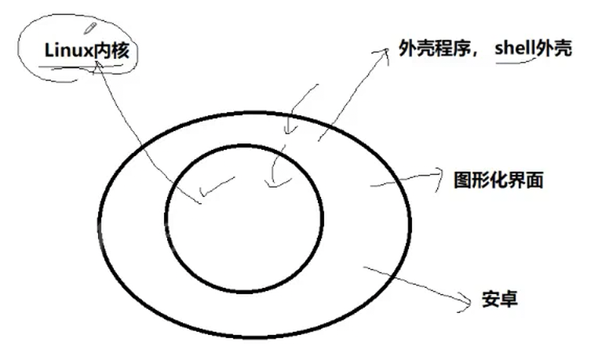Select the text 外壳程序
pos(432,49)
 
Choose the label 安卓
pos(498,300)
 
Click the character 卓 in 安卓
pos(508,300)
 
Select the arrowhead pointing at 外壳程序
pos(384,51)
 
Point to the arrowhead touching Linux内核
pos(99,67)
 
